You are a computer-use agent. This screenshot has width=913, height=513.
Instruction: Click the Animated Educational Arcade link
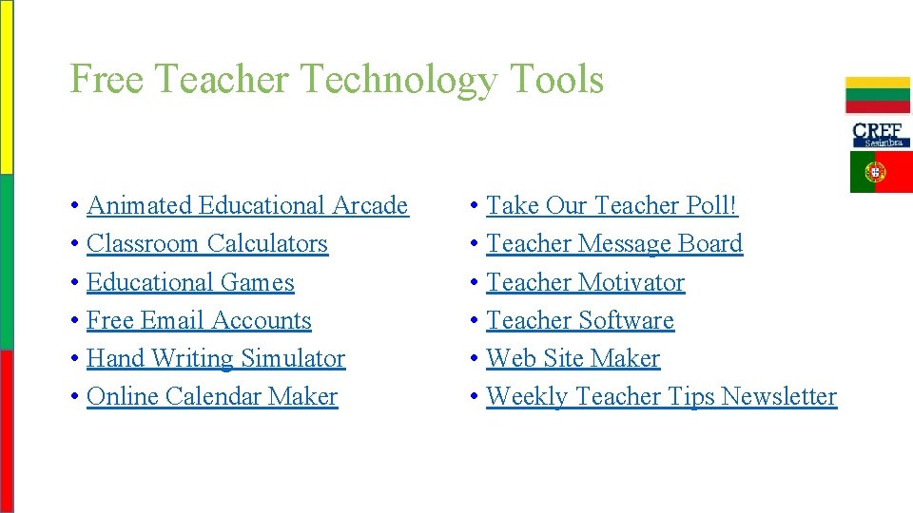(x=247, y=205)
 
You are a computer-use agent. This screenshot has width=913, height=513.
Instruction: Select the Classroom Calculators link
(x=207, y=243)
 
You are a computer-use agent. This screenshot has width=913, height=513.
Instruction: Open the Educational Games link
(x=190, y=282)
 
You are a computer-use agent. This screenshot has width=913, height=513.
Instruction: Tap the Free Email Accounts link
(x=199, y=320)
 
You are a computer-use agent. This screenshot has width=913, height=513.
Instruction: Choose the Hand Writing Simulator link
(x=216, y=358)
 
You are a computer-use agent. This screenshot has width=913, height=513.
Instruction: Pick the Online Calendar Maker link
(x=212, y=396)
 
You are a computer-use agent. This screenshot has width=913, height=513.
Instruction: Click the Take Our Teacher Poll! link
(x=612, y=205)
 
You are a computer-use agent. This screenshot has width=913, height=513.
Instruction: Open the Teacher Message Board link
(x=614, y=243)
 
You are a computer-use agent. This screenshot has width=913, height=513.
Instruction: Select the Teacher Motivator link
(x=585, y=282)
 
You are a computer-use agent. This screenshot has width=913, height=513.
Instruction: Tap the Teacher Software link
(x=580, y=320)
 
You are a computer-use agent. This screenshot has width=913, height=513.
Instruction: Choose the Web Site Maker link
(x=573, y=358)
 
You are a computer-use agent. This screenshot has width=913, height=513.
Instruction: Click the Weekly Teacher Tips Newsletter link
(x=661, y=396)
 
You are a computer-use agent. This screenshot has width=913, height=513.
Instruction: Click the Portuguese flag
(x=880, y=172)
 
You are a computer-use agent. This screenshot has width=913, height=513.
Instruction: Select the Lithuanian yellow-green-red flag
(x=878, y=95)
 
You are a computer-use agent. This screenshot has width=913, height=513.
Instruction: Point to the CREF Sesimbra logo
(x=880, y=134)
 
